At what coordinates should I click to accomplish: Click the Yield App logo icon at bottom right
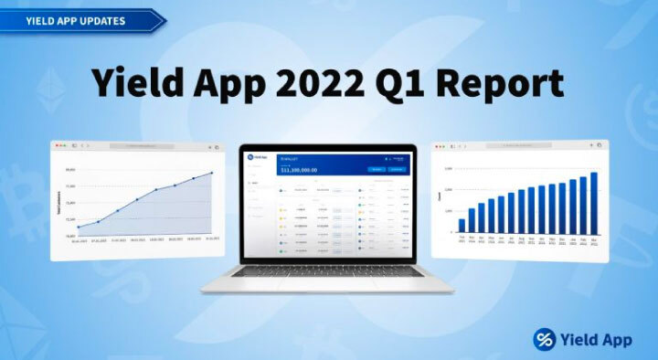[x=547, y=338]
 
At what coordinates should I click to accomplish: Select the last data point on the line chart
[x=212, y=173]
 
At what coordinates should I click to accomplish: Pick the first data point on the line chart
[x=79, y=228]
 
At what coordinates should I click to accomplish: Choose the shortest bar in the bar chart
[x=462, y=226]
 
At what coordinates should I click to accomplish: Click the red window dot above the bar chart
[x=438, y=146]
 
